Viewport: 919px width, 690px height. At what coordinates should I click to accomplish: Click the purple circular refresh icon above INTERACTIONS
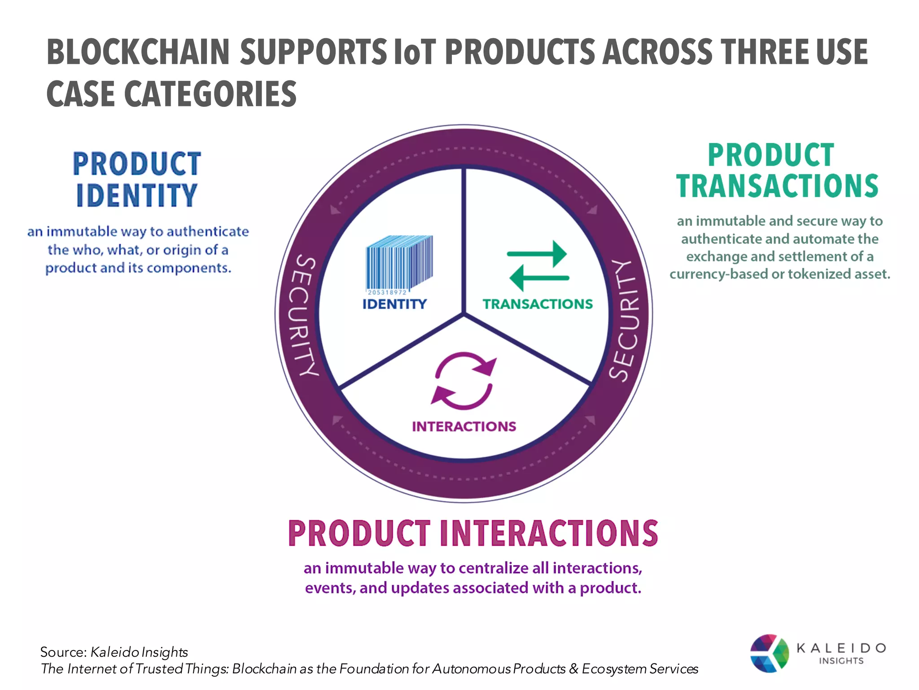pyautogui.click(x=464, y=381)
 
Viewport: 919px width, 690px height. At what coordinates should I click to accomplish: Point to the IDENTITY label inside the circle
pyautogui.click(x=394, y=304)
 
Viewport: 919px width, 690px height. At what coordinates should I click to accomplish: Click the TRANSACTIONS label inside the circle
pyautogui.click(x=538, y=304)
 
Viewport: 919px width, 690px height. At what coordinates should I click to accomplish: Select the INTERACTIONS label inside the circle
pyautogui.click(x=464, y=426)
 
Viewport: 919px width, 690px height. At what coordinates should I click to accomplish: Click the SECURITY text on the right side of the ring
pyautogui.click(x=626, y=320)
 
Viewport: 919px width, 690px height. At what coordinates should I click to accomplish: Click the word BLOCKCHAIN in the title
pyautogui.click(x=138, y=52)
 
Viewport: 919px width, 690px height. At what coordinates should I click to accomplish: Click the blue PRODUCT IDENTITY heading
pyautogui.click(x=137, y=180)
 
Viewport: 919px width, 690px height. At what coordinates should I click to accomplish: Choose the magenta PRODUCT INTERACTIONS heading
pyautogui.click(x=473, y=533)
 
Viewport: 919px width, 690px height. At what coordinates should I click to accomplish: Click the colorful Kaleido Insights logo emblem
pyautogui.click(x=769, y=653)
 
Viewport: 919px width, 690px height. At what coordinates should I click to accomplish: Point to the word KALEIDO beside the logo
pyautogui.click(x=841, y=648)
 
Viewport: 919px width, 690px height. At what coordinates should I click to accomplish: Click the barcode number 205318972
pyautogui.click(x=387, y=292)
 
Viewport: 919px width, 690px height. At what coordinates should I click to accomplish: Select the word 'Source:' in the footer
pyautogui.click(x=63, y=652)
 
